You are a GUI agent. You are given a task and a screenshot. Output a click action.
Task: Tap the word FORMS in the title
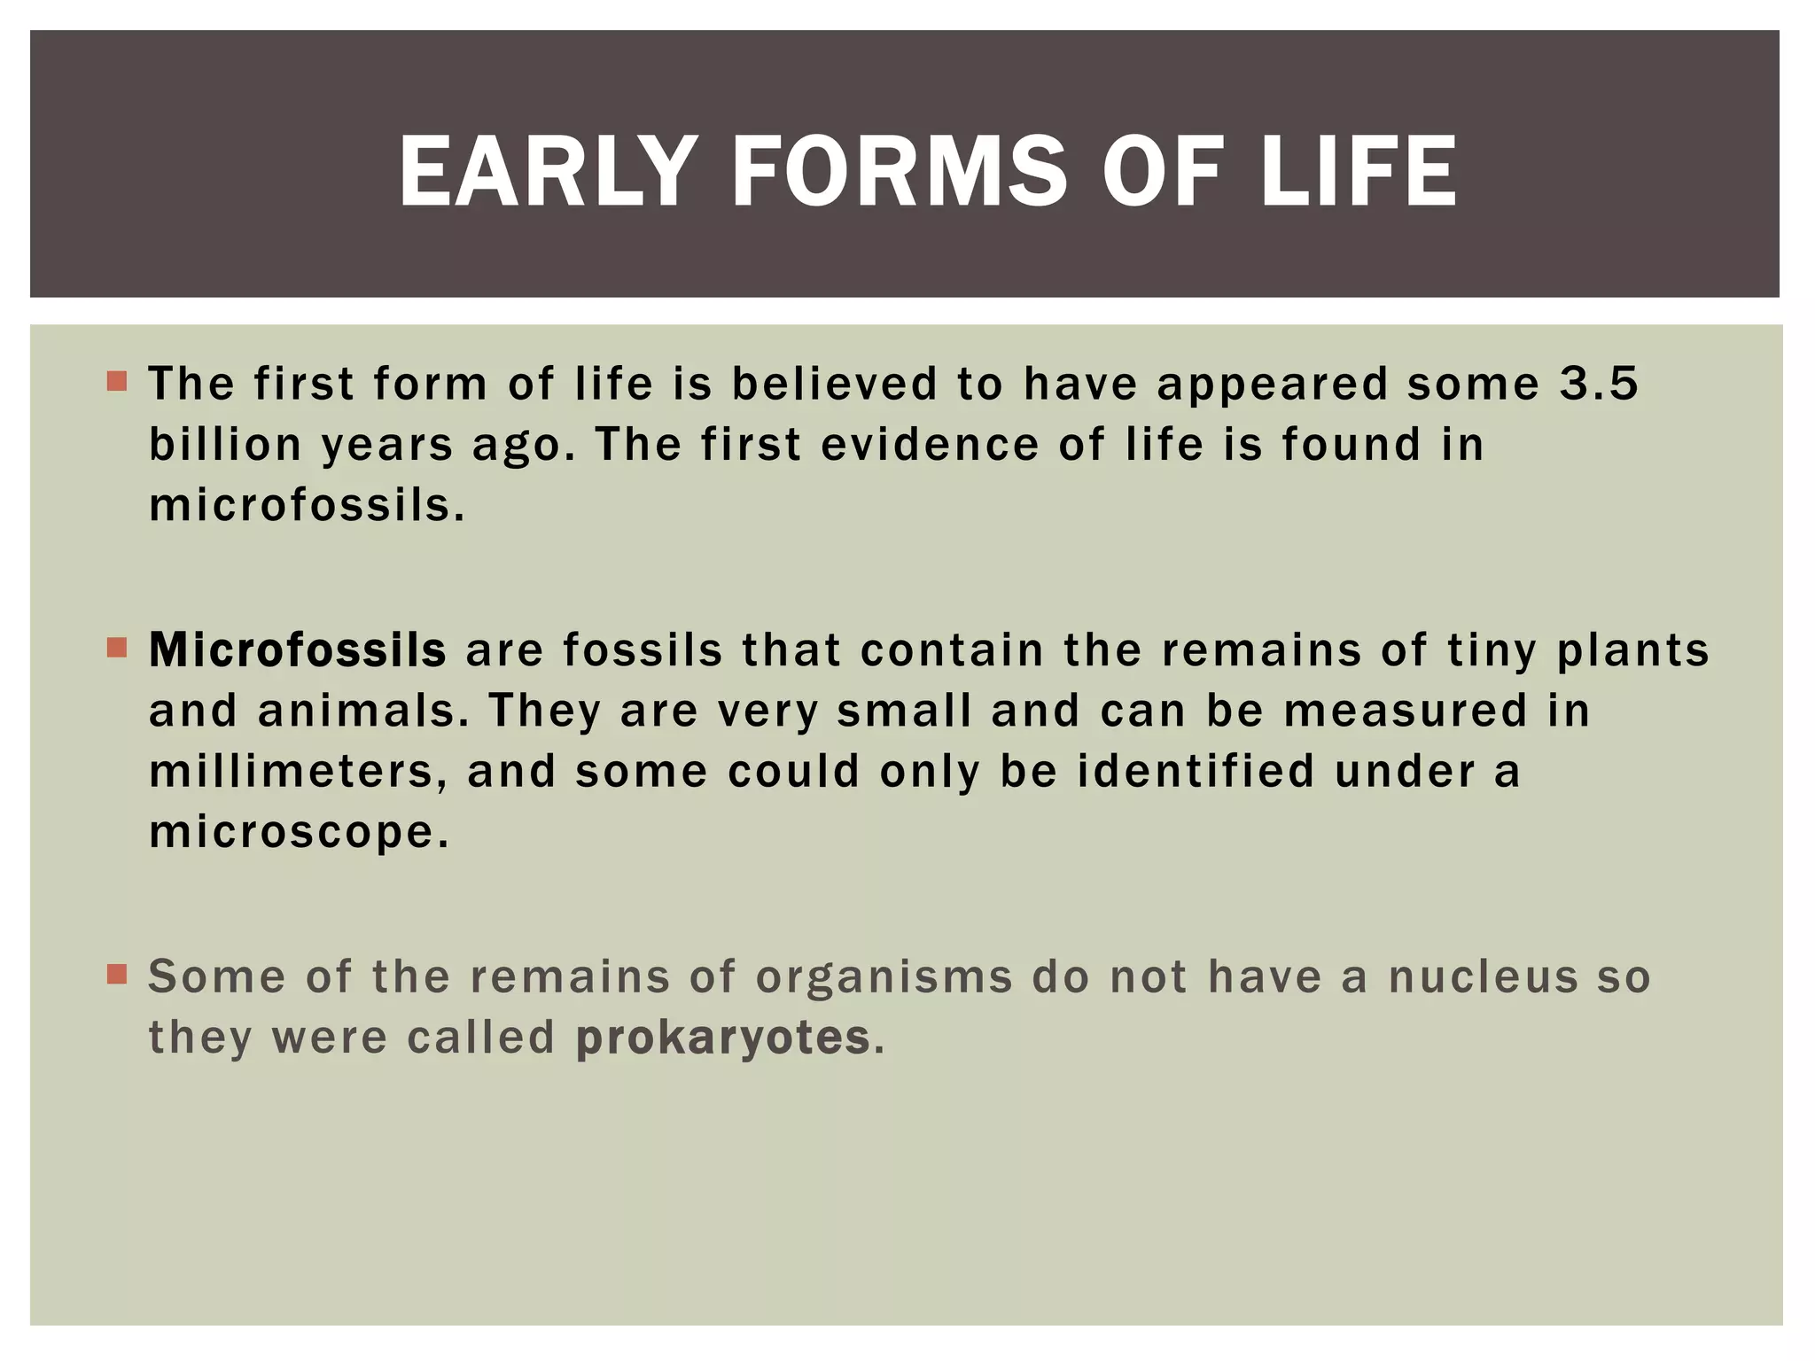coord(899,172)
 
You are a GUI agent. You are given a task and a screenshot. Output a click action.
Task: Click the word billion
coord(225,445)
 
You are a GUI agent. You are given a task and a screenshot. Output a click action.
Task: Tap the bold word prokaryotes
coord(722,1038)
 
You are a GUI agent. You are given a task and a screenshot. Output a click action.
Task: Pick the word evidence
coord(929,445)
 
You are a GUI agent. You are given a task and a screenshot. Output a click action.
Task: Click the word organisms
coord(884,978)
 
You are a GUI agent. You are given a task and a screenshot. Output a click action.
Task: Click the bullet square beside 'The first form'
coord(116,382)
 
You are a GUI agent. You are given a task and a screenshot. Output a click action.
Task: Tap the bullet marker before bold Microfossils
coord(116,648)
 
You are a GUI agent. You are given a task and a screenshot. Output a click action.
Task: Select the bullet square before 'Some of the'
coord(116,975)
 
